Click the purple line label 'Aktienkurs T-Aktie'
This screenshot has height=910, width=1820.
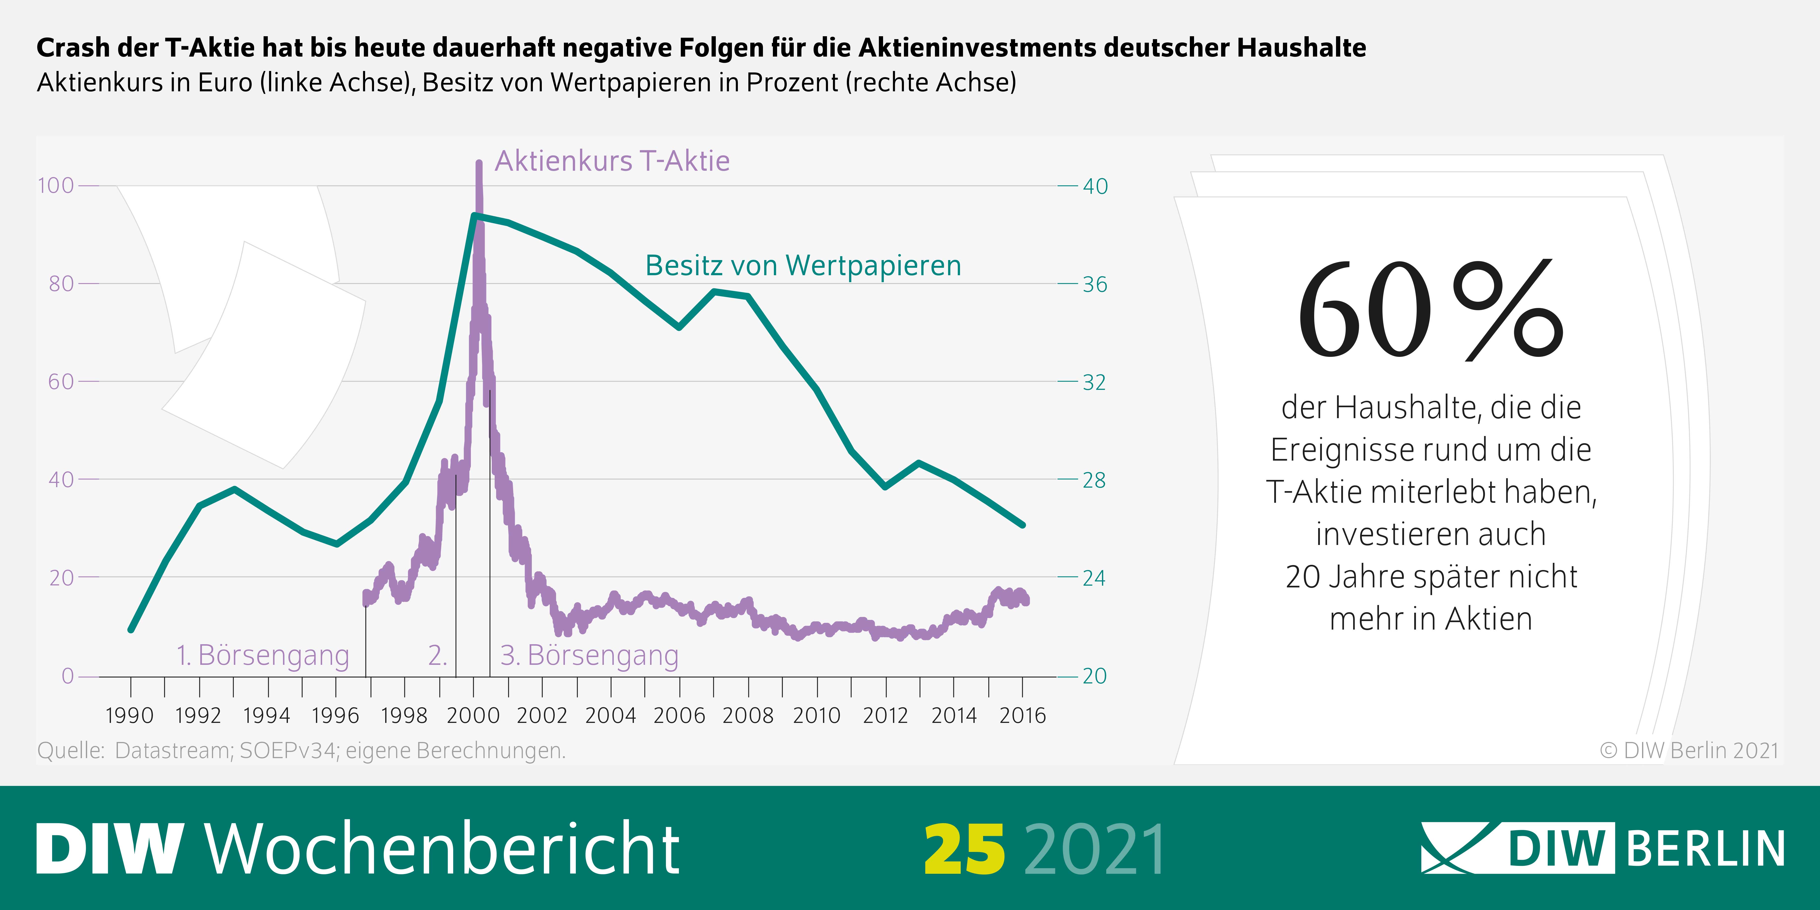612,161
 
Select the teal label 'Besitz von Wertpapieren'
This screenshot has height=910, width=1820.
803,266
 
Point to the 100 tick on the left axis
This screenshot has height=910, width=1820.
56,186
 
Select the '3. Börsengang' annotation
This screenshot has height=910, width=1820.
589,655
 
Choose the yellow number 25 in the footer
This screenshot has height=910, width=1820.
964,848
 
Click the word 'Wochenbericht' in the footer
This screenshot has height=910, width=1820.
443,848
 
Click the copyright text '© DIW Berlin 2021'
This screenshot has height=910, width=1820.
1689,750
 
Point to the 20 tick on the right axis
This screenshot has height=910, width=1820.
1094,676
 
